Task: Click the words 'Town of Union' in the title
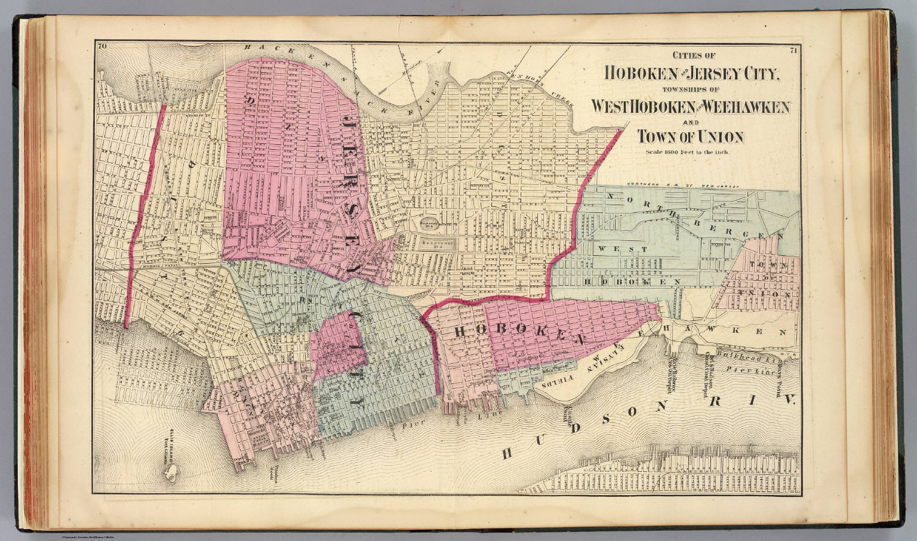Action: (690, 137)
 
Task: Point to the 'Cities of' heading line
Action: (693, 56)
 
